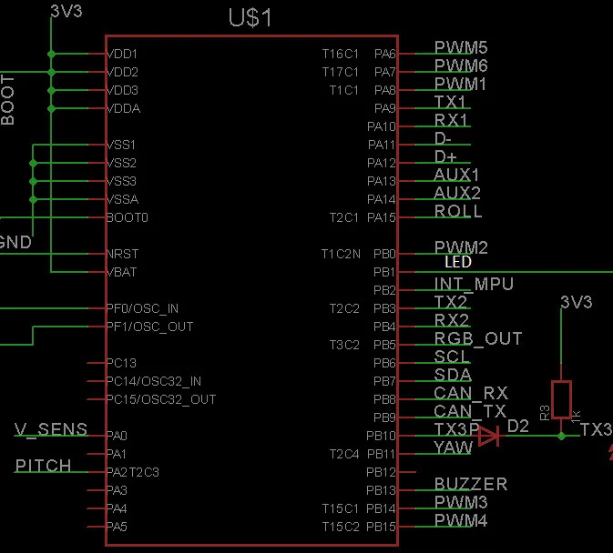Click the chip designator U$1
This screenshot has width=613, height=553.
point(250,17)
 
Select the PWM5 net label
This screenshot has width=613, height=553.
point(461,47)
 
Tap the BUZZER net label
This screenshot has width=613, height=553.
point(471,484)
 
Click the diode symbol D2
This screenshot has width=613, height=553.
point(489,437)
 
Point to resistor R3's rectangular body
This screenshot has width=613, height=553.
point(561,399)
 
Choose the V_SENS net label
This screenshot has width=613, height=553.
point(52,429)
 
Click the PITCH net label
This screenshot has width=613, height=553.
point(44,466)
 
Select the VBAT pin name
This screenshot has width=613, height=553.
point(122,272)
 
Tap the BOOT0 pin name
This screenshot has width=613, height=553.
point(127,217)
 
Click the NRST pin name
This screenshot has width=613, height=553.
point(122,254)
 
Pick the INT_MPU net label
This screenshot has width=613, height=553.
point(474,284)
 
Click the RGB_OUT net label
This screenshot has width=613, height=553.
point(478,338)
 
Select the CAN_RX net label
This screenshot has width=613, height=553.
point(471,393)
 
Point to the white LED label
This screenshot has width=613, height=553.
point(458,262)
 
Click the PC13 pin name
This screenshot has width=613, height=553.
point(121,363)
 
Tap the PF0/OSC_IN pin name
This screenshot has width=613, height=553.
point(143,308)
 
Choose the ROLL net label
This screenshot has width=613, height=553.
point(458,211)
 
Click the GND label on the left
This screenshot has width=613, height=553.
point(15,243)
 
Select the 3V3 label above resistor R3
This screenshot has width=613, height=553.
point(577,301)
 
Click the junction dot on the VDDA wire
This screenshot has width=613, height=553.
point(52,108)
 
